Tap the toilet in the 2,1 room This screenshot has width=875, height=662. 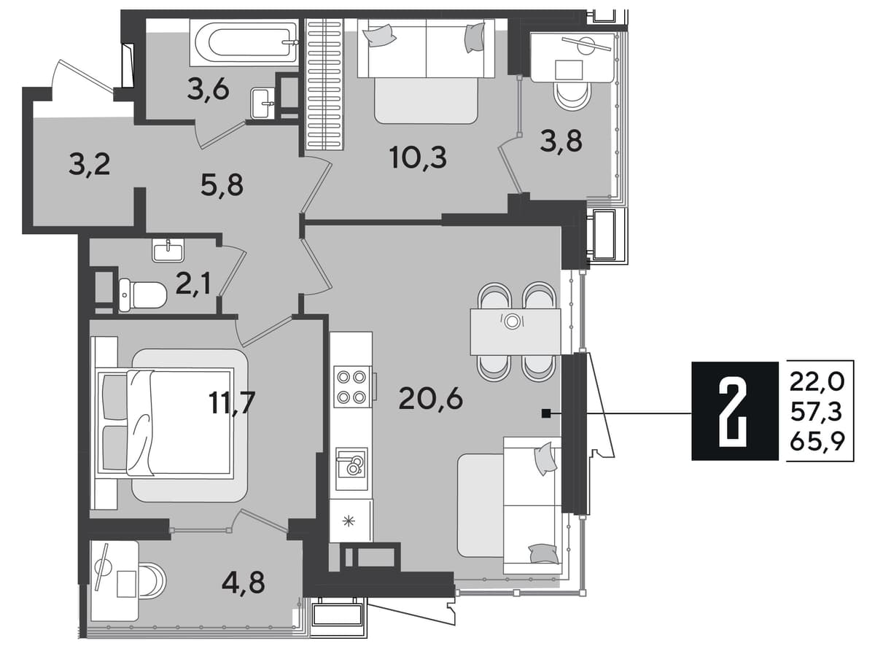tap(142, 295)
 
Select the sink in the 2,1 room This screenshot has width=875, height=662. tap(168, 250)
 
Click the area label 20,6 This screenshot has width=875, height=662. tap(430, 399)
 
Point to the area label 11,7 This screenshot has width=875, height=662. tap(232, 402)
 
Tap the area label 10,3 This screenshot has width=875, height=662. tap(419, 157)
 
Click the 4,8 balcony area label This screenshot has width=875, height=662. tap(243, 583)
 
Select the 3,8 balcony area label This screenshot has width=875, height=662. tap(561, 141)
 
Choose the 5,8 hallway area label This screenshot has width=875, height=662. tap(222, 185)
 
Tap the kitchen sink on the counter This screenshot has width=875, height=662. tap(351, 469)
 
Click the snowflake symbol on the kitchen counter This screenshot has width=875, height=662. tap(349, 521)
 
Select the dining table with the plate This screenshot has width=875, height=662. tap(516, 332)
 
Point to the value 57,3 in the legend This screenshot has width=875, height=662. tap(817, 412)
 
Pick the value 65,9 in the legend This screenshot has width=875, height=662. tap(817, 442)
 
